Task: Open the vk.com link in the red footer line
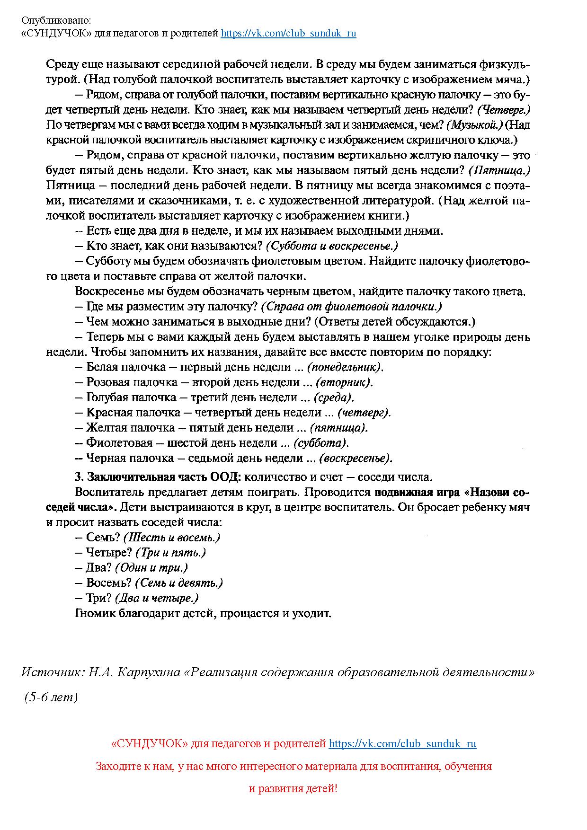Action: tap(402, 743)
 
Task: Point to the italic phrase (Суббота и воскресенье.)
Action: tap(332, 246)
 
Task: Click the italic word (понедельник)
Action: tap(345, 367)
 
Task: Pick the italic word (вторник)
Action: tap(344, 382)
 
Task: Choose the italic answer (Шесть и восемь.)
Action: tap(172, 538)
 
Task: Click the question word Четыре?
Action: tap(109, 553)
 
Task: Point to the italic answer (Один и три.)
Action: tap(151, 568)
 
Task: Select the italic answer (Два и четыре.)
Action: tap(157, 598)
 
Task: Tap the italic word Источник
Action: tap(51, 672)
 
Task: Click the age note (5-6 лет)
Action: tap(51, 697)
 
